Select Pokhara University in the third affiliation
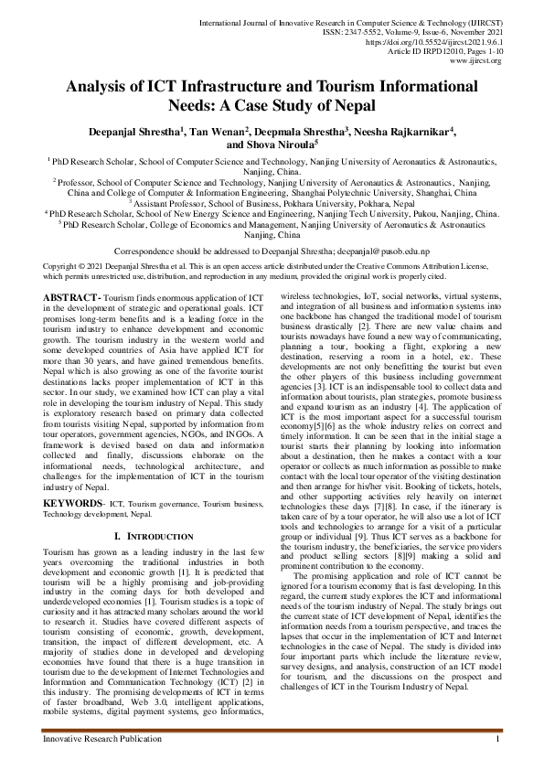[x=320, y=203]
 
